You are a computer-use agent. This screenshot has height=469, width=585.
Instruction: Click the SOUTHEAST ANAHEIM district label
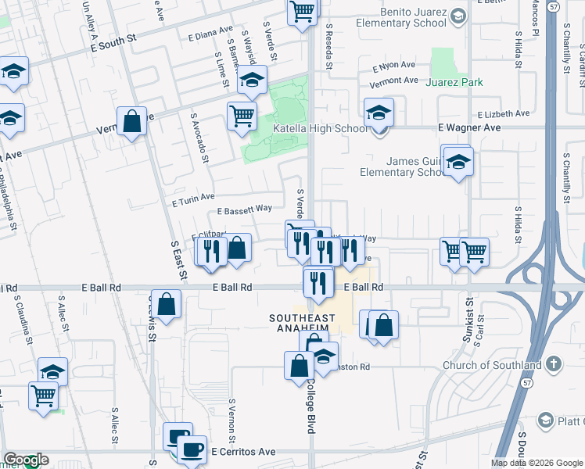point(303,324)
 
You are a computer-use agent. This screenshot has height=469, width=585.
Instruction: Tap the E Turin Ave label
point(193,199)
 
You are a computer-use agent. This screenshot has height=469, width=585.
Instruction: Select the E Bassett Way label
point(244,209)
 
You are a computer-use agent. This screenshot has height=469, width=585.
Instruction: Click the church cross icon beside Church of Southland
point(553,364)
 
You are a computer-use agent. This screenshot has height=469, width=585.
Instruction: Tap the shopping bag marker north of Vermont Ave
point(131,122)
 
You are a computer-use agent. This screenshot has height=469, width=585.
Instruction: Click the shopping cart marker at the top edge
point(302,13)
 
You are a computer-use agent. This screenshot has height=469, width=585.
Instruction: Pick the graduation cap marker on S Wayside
point(252,80)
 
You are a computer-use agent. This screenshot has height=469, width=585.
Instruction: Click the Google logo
point(25,460)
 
